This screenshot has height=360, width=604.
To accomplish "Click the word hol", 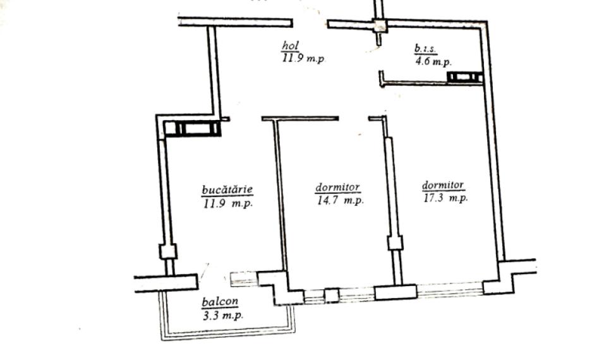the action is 291,46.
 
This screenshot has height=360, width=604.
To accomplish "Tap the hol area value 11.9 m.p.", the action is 303,59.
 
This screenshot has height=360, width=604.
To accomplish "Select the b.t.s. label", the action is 425,49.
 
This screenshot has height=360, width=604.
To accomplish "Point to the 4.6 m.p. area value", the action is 433,61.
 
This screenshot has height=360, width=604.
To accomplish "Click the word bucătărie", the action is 227,189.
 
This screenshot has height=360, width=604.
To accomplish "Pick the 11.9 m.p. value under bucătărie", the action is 227,203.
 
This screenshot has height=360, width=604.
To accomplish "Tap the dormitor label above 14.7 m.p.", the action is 337,187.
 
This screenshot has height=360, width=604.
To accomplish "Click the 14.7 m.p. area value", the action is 340,200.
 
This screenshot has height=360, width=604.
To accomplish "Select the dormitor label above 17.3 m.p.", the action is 443,185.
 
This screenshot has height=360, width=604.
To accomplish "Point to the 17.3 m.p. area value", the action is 445,198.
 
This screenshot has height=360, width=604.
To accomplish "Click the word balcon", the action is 220,301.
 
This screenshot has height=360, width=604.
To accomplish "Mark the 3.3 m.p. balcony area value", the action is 223,316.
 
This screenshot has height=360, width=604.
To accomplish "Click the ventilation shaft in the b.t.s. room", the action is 465,77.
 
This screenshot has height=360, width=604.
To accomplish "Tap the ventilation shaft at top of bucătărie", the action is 192,128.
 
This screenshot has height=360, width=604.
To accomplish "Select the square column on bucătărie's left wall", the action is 168,251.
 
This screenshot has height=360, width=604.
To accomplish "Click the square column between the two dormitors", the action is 396,243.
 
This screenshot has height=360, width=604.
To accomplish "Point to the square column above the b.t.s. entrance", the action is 380,26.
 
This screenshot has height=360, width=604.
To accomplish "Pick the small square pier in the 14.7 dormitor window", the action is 332,296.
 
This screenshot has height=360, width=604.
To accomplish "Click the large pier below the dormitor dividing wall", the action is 396,292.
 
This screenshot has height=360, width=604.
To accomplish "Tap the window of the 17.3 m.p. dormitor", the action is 450,289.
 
